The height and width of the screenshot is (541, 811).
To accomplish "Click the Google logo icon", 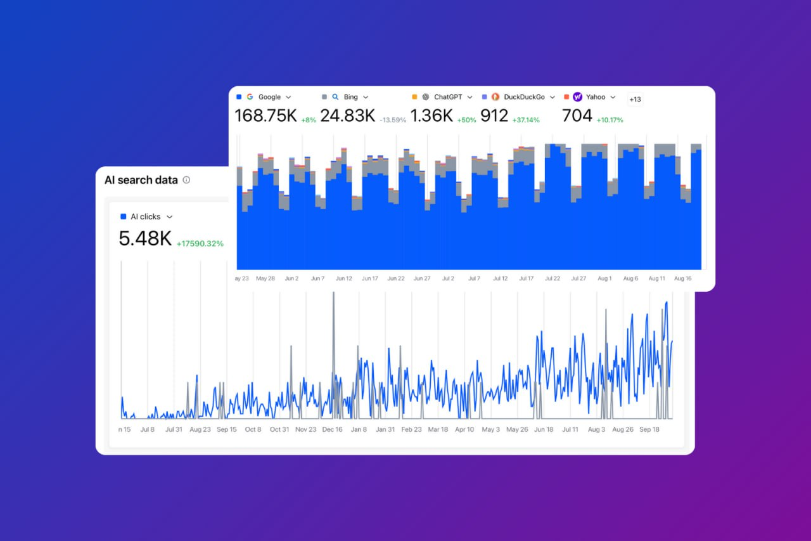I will pos(250,97).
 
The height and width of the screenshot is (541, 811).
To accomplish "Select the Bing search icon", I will pos(335,97).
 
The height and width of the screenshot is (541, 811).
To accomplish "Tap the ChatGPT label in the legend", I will pos(448,97).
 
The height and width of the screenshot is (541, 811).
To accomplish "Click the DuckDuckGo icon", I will pos(495,97).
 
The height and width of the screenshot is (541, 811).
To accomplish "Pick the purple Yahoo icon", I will pos(577,97).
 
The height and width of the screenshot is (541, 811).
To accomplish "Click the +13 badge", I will pos(635,99).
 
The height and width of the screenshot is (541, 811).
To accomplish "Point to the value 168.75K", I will pos(265,116).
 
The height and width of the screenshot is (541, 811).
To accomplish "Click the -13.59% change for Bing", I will pos(393,120).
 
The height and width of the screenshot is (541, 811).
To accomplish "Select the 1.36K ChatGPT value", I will pos(431,116).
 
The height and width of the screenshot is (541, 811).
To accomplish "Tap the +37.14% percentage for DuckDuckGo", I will pos(526,120).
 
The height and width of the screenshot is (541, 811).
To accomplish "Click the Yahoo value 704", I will pos(577,116).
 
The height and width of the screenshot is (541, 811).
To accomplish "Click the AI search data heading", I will pos(141,180).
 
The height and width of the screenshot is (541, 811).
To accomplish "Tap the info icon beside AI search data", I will pos(186,180).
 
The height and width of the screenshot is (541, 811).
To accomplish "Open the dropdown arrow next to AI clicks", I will pos(169,217).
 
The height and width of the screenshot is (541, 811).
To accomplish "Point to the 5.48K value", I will pos(145,238).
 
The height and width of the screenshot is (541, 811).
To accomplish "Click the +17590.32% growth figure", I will pos(200,244).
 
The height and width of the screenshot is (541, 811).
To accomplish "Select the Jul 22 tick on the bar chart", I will pos(552,278).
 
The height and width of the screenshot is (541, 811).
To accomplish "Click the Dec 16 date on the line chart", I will pos(332,429).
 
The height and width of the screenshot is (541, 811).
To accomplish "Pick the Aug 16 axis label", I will pos(682,278).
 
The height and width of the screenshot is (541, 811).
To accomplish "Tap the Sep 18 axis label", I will pos(649,429).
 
